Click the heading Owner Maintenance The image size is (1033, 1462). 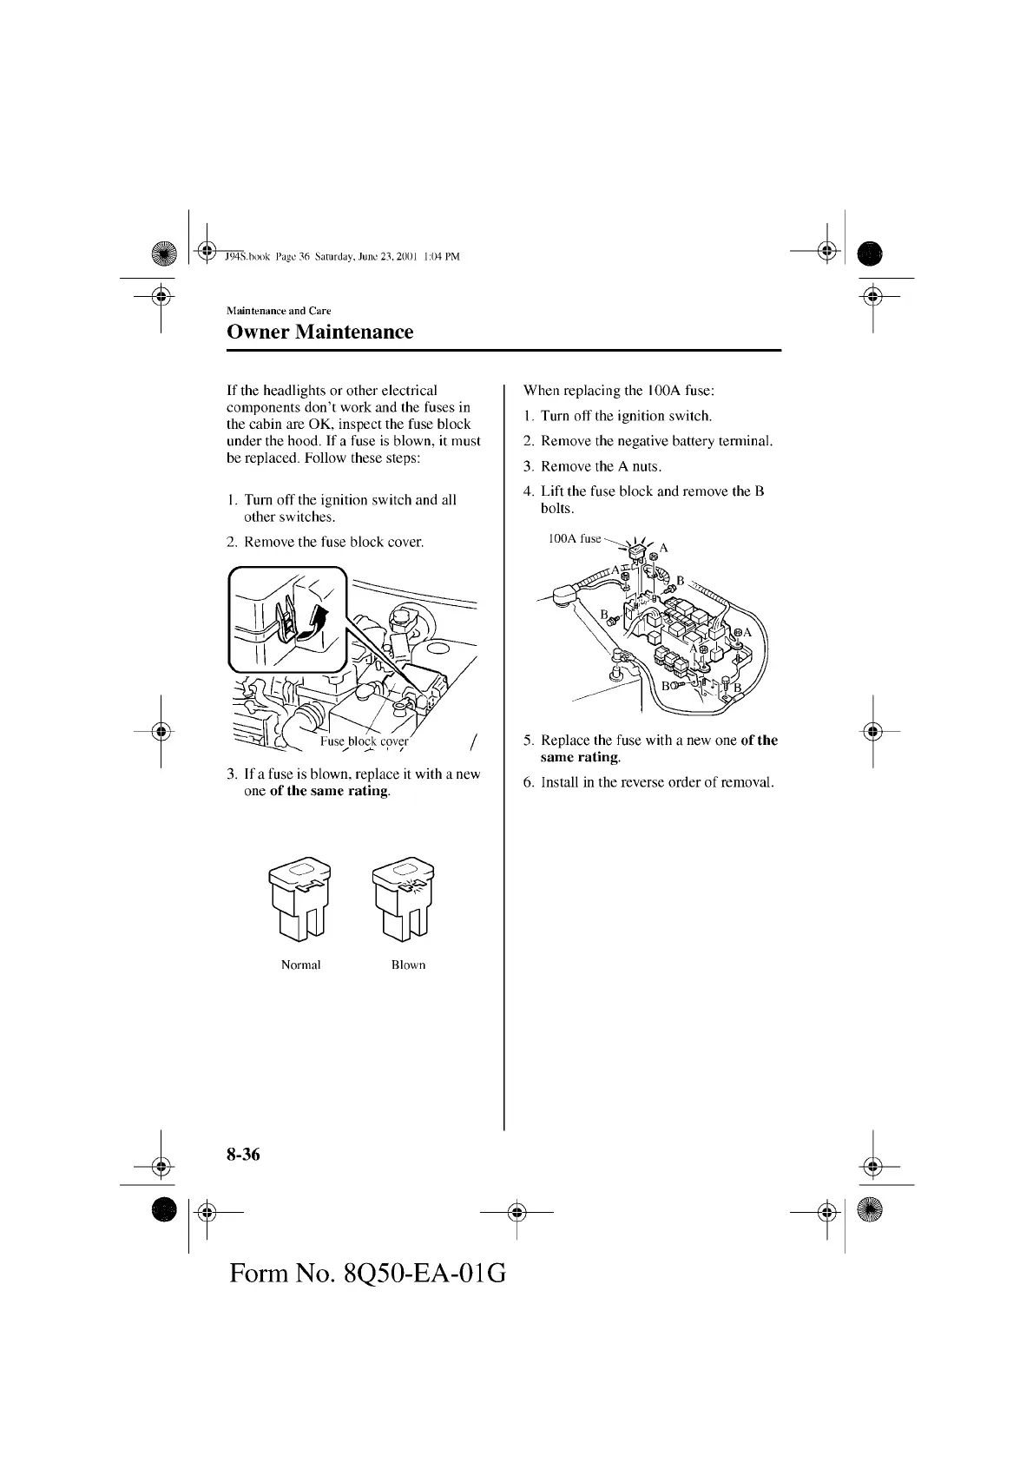pyautogui.click(x=319, y=332)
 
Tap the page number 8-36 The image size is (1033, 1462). pyautogui.click(x=243, y=1154)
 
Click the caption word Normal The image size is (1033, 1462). pyautogui.click(x=300, y=965)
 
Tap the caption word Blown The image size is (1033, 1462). pyautogui.click(x=408, y=965)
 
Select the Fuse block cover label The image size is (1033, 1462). pyautogui.click(x=364, y=741)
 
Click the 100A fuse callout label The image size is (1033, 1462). pyautogui.click(x=575, y=538)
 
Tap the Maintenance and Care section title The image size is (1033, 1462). pyautogui.click(x=278, y=311)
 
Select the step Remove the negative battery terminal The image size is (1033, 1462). pyautogui.click(x=656, y=441)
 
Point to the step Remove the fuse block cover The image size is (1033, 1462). pyautogui.click(x=334, y=542)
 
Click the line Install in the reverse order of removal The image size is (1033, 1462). pyautogui.click(x=656, y=782)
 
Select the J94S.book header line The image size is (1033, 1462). pyautogui.click(x=341, y=257)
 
